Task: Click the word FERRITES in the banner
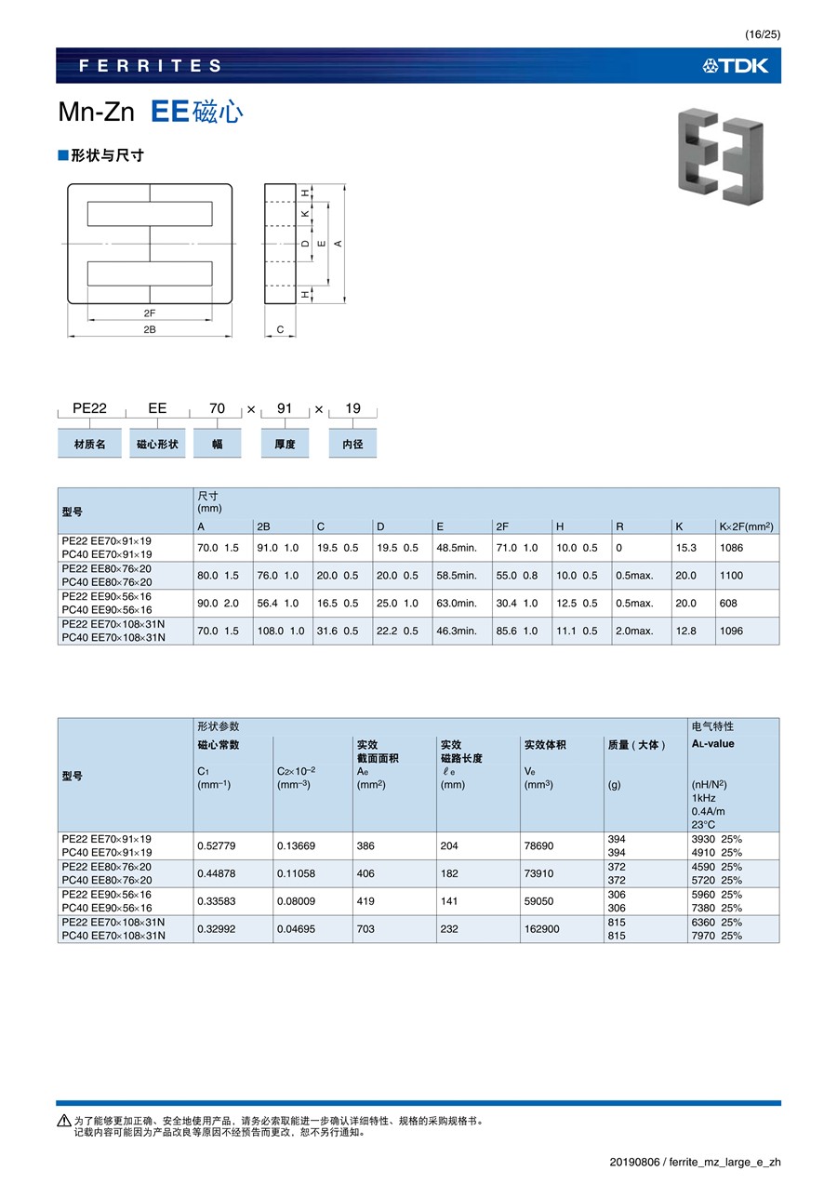151,66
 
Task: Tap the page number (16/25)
763,34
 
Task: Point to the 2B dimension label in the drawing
149,329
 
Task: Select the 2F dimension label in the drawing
149,313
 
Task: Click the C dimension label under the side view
280,329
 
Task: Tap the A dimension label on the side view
339,243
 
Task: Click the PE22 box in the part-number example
89,408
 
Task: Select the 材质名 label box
89,445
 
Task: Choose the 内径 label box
352,445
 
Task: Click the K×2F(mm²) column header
746,526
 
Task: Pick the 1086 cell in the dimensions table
732,549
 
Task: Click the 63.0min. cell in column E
457,604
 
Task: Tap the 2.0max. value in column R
634,631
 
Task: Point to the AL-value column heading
712,744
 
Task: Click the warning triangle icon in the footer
63,1121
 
